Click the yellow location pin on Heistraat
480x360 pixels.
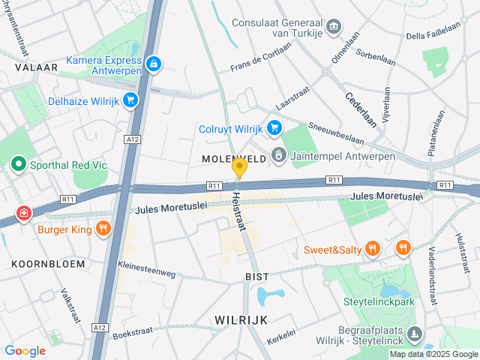pos(239,167)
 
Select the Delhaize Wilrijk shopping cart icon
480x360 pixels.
pos(131,100)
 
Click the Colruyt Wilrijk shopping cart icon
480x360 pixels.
pos(274,128)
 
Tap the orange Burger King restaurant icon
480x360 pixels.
pos(103,227)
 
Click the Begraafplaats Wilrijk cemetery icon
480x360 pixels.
pos(415,333)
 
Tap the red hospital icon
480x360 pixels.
pos(24,213)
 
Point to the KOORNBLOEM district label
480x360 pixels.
pos(42,264)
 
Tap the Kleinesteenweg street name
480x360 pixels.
pos(146,271)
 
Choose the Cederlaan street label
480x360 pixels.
pos(361,109)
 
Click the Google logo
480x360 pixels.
pos(25,351)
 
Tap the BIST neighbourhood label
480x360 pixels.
pos(256,277)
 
